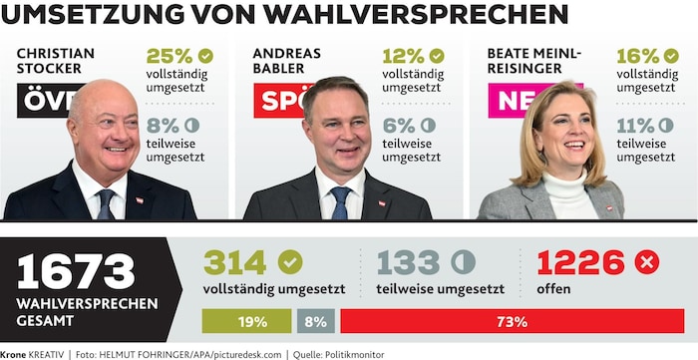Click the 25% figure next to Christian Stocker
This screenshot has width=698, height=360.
[170, 56]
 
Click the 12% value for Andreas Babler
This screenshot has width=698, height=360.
[403, 56]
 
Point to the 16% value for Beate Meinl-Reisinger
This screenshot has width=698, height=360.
[638, 56]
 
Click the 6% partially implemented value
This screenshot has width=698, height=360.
[399, 126]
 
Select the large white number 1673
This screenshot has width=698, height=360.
[76, 271]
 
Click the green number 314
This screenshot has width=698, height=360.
[235, 262]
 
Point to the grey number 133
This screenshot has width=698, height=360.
[409, 262]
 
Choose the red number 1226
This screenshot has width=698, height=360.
[581, 262]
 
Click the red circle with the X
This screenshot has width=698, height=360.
[647, 262]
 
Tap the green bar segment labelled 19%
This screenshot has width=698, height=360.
[246, 321]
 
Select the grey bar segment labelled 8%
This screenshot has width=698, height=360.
[316, 321]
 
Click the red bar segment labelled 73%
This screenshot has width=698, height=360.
[513, 321]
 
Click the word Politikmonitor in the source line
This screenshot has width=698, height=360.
[355, 355]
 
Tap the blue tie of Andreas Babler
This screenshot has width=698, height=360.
[341, 202]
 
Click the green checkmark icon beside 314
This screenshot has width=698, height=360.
[290, 262]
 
